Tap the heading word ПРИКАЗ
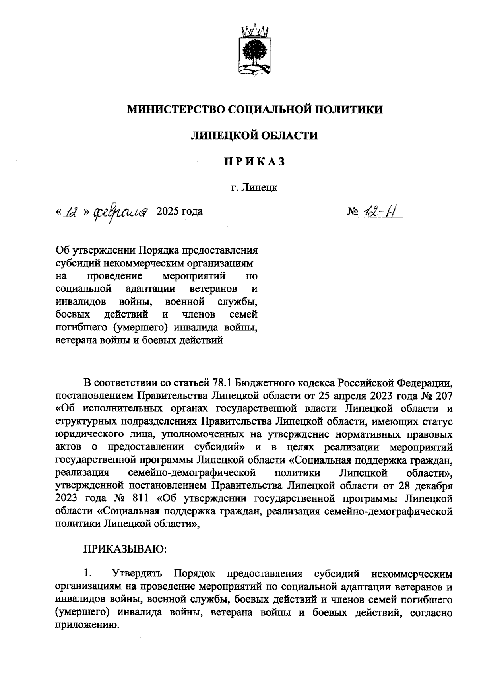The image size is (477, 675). (x=254, y=161)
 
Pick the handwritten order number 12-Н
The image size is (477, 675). (x=380, y=211)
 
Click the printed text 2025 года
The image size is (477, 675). (x=180, y=211)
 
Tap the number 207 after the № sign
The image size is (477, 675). (x=444, y=396)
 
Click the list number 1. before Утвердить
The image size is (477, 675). (x=88, y=574)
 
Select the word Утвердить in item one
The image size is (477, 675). (x=138, y=574)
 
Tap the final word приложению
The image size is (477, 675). (x=88, y=625)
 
